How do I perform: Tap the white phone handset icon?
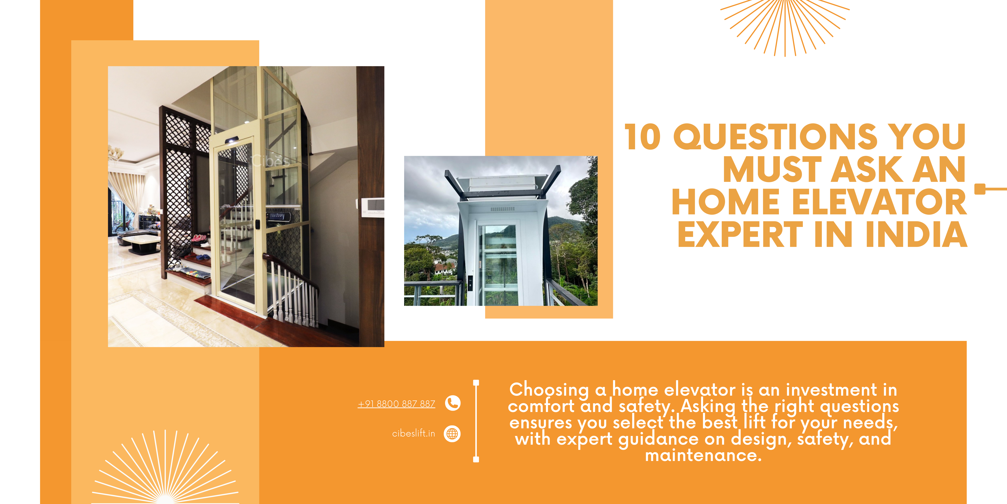coord(453,403)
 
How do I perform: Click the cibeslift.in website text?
coord(414,433)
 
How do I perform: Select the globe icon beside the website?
coord(452,434)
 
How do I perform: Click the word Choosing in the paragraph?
coord(549,390)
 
